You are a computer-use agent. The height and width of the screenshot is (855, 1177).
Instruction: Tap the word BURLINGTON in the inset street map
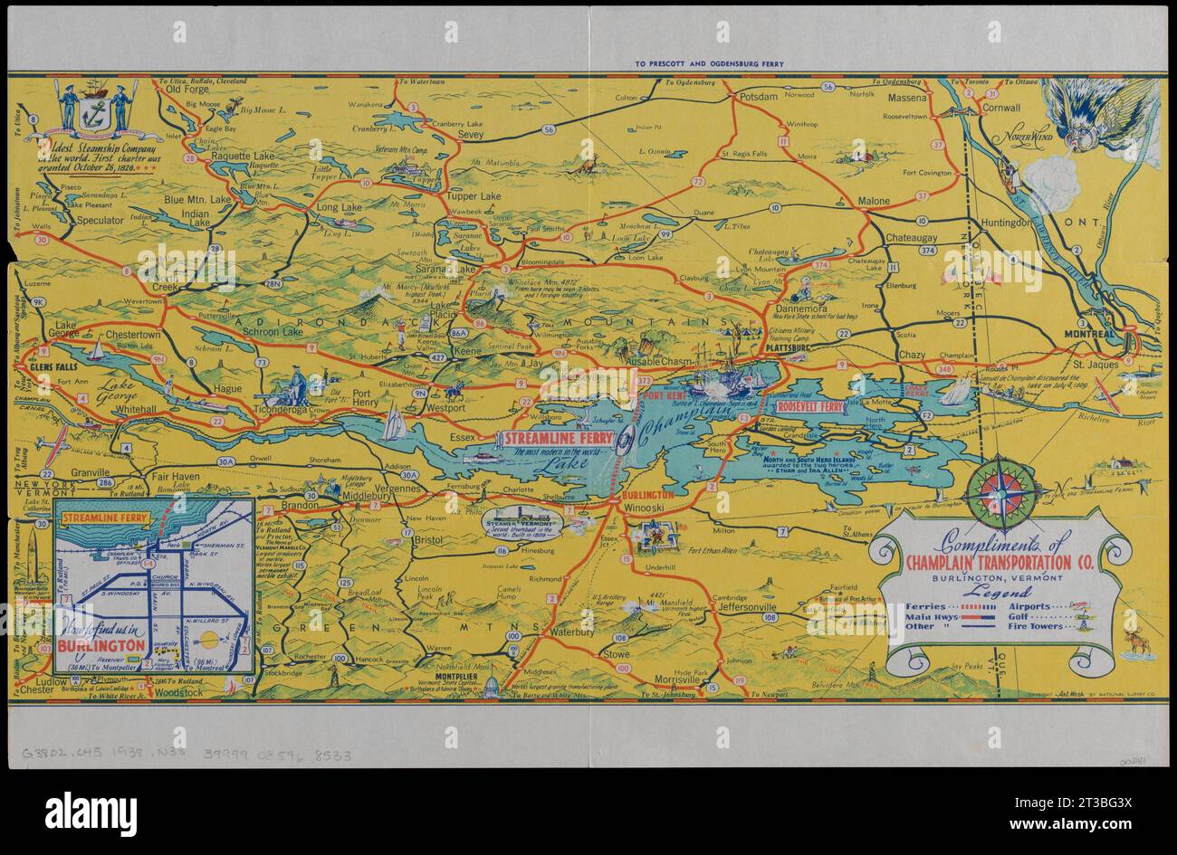click(x=100, y=645)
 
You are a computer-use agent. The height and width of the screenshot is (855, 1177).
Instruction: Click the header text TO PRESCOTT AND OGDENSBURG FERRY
click(x=704, y=64)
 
